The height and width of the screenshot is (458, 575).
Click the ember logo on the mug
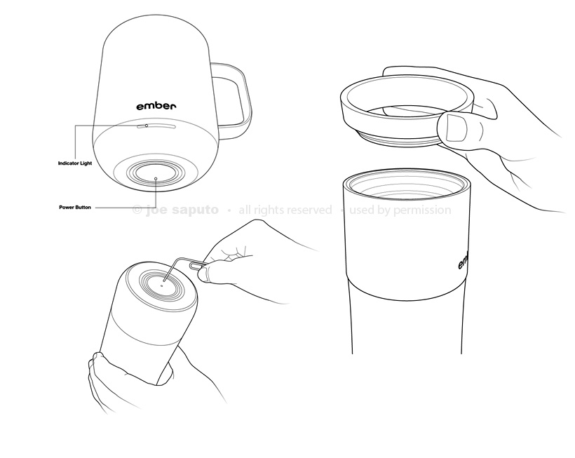(x=156, y=106)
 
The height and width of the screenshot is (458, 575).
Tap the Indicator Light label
(x=75, y=163)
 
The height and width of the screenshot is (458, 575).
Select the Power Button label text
(x=75, y=208)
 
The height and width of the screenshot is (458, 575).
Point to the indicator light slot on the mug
(x=156, y=126)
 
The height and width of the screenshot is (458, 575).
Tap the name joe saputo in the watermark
(x=182, y=210)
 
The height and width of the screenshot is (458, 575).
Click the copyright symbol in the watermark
(x=137, y=210)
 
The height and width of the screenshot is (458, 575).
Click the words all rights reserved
(x=285, y=210)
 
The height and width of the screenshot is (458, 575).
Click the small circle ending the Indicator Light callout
(x=147, y=126)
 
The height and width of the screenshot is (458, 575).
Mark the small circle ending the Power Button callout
(x=156, y=179)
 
